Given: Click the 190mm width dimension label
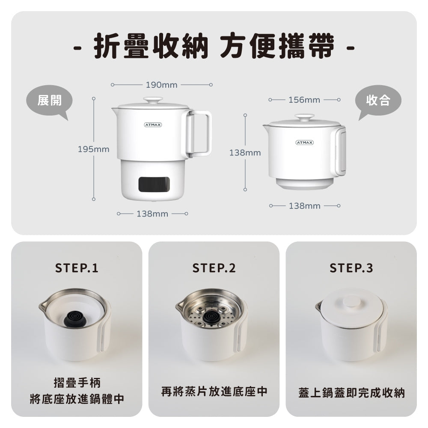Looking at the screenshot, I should click(161, 85).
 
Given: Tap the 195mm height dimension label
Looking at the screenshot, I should click(93, 149).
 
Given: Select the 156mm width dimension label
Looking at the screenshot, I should click(304, 100).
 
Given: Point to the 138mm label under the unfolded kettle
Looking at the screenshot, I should click(152, 214).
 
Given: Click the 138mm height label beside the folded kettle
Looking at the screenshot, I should click(245, 152).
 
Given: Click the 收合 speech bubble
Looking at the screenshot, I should click(378, 101).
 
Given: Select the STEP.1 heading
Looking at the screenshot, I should click(77, 268).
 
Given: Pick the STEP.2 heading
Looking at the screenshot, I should click(214, 268).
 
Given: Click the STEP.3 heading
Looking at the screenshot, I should click(351, 268).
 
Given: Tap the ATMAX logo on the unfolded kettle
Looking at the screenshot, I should click(153, 125).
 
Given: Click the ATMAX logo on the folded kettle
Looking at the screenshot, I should click(304, 143).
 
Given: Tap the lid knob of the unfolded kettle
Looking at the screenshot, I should click(153, 100).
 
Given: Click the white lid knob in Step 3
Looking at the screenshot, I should click(351, 302).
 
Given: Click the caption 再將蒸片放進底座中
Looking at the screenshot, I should click(214, 392).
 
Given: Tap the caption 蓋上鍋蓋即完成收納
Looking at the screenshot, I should click(351, 393).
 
